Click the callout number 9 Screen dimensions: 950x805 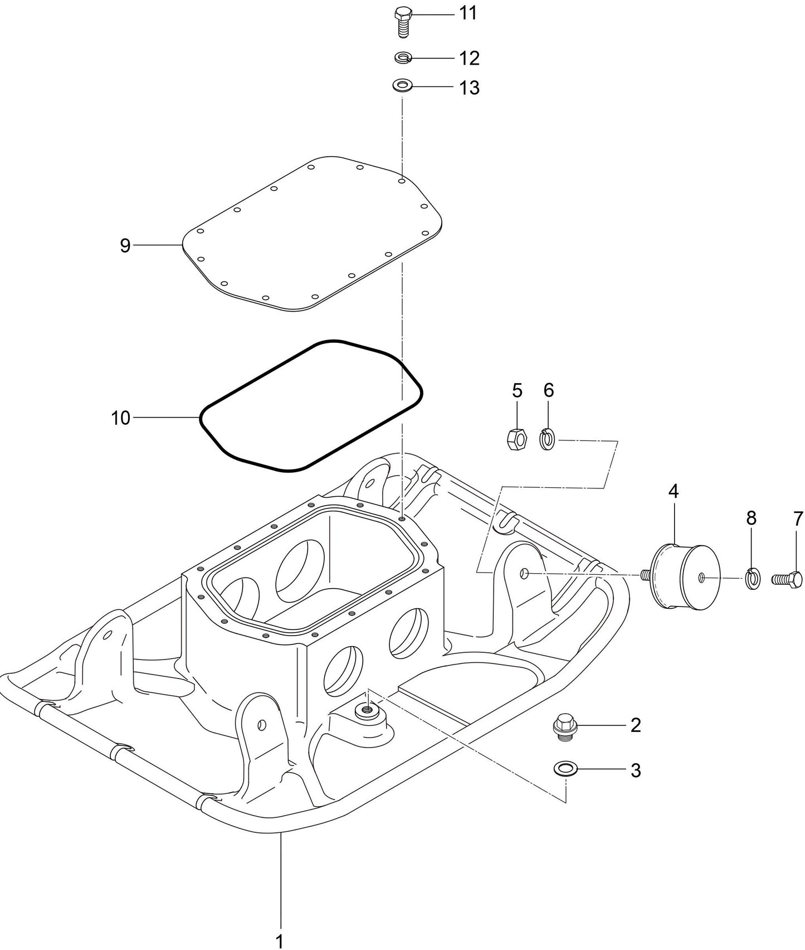125,245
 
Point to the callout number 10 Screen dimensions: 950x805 120,418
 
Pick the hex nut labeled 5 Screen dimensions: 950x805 517,440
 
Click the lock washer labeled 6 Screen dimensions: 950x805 548,439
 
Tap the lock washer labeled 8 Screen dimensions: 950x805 752,579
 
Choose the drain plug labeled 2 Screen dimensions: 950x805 564,727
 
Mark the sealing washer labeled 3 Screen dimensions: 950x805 565,769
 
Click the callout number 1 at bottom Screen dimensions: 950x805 280,941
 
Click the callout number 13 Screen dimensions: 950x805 469,88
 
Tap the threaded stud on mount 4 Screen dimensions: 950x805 645,574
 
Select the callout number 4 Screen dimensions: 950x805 674,492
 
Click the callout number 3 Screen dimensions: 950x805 636,771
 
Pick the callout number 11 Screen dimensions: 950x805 468,13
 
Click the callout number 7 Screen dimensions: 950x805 798,519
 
